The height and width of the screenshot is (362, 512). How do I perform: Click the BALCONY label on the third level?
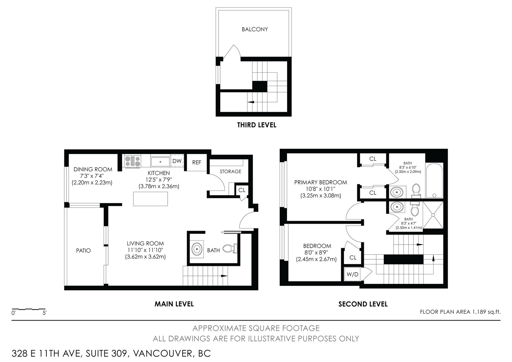255,29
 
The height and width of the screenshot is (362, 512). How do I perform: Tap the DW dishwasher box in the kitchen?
177,161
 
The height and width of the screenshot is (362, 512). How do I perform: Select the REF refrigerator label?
196,162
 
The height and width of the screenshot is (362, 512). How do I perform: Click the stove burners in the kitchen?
132,161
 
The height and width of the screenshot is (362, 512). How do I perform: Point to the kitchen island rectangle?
150,199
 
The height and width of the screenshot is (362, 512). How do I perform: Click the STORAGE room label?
230,172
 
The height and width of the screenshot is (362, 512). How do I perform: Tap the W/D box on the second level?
352,274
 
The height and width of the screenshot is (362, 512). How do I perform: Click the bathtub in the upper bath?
434,181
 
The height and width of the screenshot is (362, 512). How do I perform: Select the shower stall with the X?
433,215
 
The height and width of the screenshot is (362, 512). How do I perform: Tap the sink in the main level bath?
196,249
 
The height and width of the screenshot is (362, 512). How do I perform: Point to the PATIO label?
84,251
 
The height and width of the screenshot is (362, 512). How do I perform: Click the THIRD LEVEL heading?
257,125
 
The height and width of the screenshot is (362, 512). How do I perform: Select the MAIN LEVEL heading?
174,304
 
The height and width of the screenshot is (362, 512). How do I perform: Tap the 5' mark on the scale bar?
44,313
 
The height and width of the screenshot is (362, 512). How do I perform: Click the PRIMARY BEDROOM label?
321,182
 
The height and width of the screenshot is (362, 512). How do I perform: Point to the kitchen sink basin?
160,162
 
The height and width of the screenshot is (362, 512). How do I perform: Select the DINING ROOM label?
93,169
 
